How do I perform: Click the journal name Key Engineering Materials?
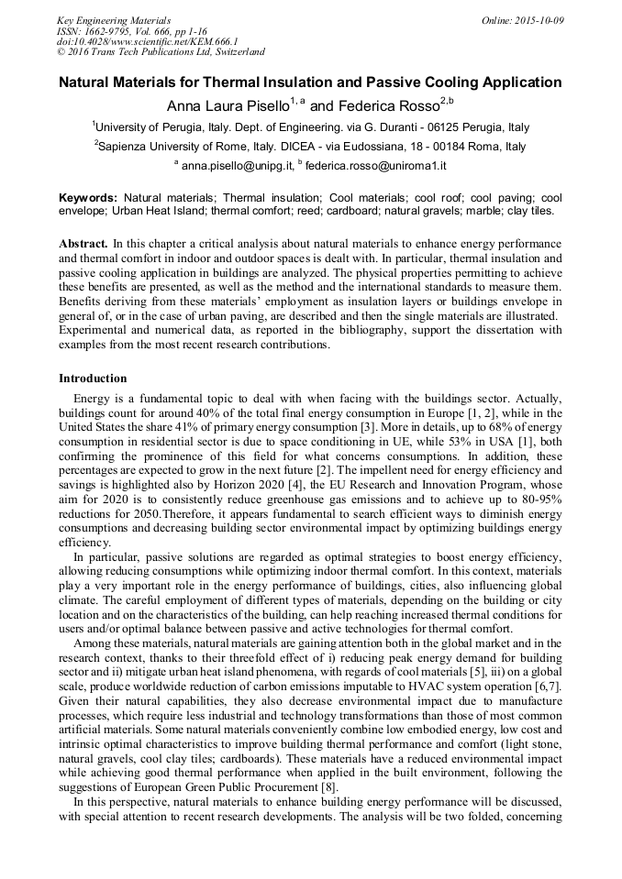114,19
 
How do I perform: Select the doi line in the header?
147,41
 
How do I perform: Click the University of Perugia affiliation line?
310,127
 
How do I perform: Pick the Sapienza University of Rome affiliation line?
310,147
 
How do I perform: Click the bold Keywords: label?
88,198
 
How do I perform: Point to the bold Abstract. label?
83,244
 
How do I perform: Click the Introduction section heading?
93,379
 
